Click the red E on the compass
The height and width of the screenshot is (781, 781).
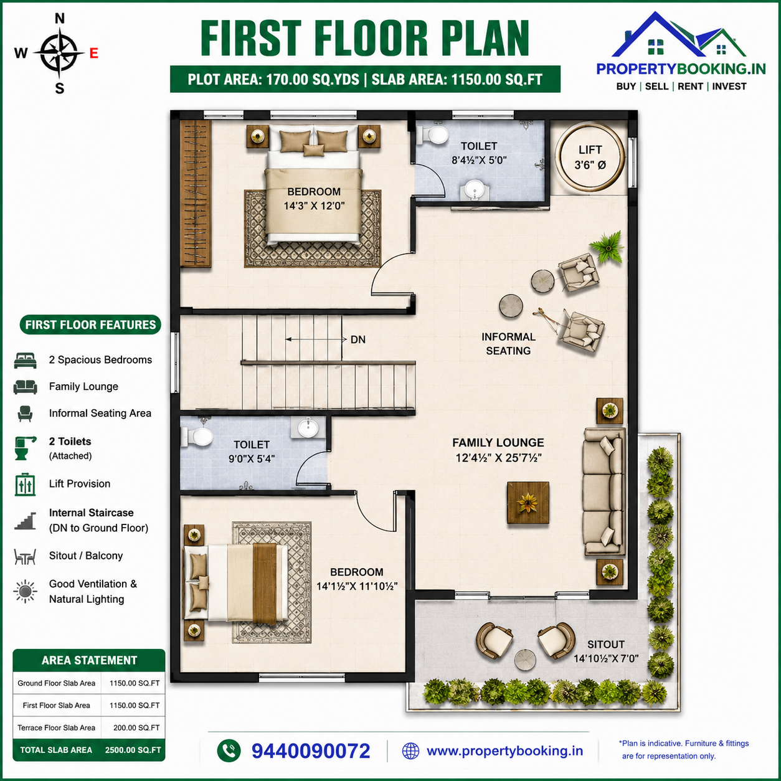point(93,53)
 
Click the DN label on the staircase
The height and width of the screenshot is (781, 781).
point(358,339)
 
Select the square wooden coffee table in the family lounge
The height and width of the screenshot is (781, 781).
point(528,503)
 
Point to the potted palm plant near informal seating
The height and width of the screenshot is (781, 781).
point(607,247)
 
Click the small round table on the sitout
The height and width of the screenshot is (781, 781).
point(525,660)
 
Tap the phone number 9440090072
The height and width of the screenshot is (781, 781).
point(311,751)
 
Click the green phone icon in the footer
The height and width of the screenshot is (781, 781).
point(229,750)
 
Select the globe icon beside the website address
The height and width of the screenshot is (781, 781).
point(410,751)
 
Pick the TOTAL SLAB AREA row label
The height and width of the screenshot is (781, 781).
point(56,750)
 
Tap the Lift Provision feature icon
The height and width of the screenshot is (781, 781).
point(25,485)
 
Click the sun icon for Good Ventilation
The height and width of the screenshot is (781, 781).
point(25,592)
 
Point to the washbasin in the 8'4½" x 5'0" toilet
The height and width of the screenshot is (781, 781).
point(475,190)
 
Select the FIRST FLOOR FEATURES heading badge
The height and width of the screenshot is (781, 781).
point(90,324)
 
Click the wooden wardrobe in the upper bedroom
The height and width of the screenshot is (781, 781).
point(196,193)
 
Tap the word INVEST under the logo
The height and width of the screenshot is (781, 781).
point(729,87)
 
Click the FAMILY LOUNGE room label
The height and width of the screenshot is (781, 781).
point(498,443)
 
